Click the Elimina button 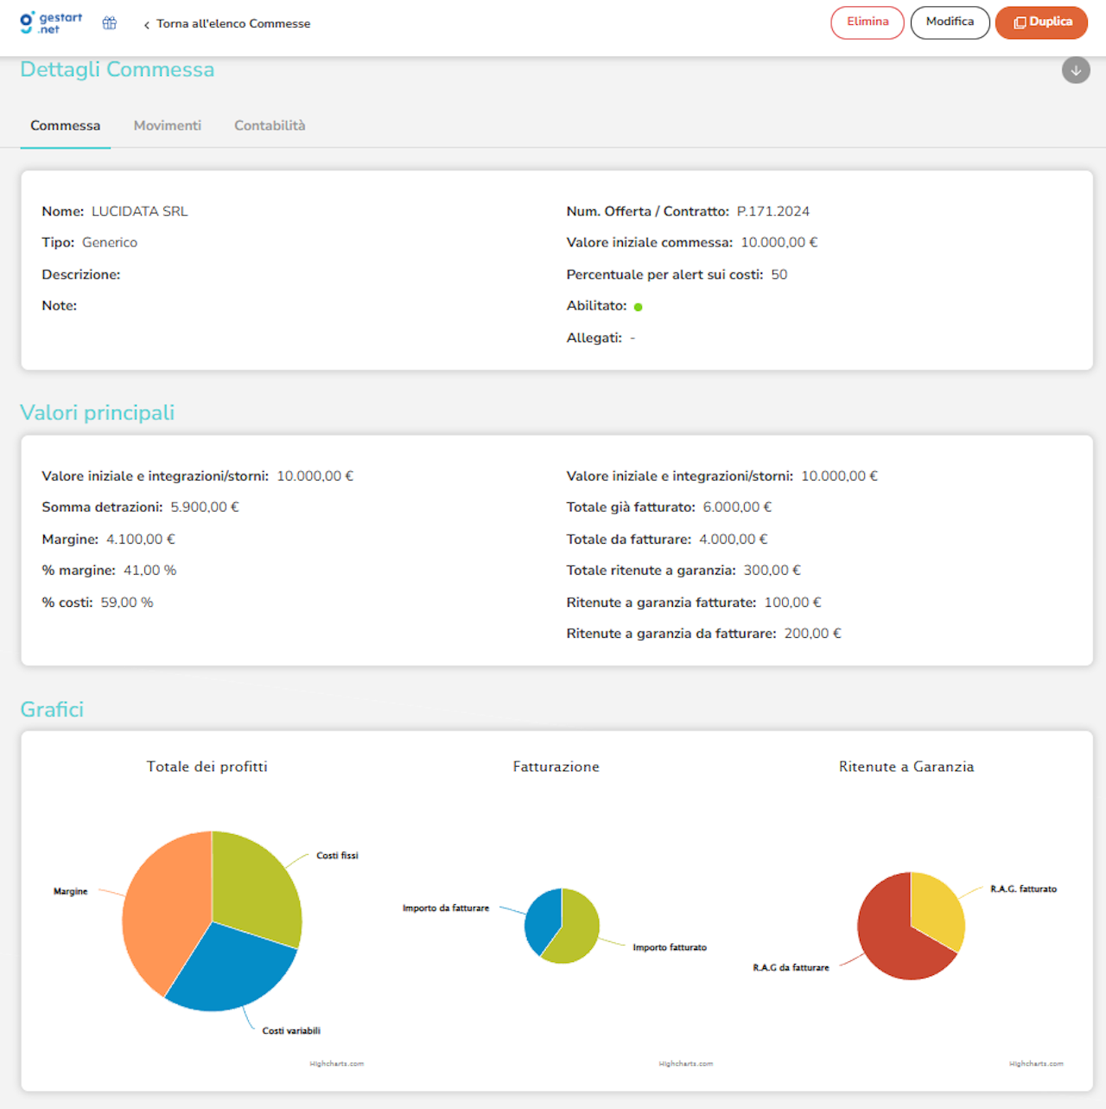(x=867, y=22)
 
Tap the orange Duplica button (x=1041, y=22)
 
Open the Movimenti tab (x=167, y=125)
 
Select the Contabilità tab (x=270, y=125)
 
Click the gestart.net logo (x=51, y=23)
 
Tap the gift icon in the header (x=110, y=23)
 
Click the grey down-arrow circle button (x=1076, y=71)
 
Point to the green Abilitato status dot (x=638, y=307)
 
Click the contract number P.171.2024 (x=772, y=211)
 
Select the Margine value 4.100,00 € (x=140, y=539)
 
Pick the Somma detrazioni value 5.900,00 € (x=204, y=507)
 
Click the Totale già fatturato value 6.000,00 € (x=737, y=507)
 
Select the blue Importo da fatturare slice (x=542, y=921)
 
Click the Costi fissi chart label (x=337, y=856)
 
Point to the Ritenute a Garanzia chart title (x=906, y=767)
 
